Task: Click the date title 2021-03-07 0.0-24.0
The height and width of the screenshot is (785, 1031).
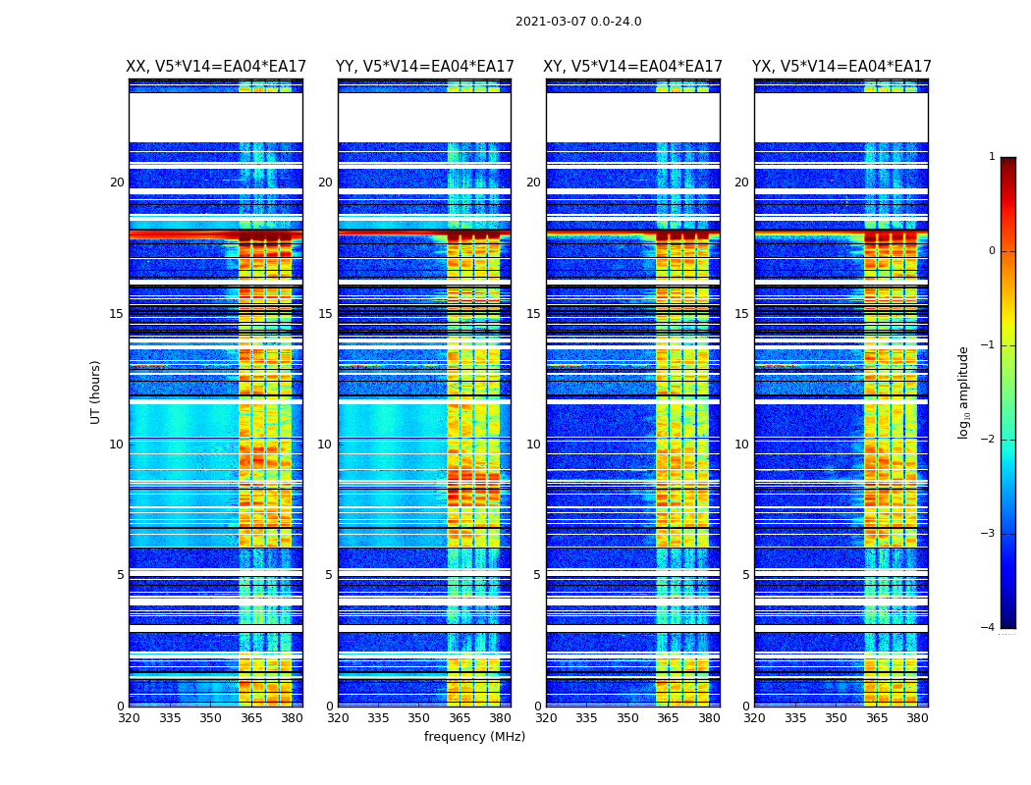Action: click(x=578, y=22)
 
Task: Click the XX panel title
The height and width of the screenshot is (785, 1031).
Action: click(x=216, y=67)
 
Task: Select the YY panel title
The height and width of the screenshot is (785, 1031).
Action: click(x=424, y=67)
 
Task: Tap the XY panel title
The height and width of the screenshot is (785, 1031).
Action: click(x=633, y=67)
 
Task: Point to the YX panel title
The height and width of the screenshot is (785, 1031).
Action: click(x=841, y=67)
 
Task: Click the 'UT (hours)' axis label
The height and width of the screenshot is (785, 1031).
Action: click(x=96, y=392)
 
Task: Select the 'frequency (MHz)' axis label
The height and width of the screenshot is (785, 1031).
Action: click(x=474, y=737)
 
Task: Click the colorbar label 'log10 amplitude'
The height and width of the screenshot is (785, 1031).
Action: click(x=964, y=392)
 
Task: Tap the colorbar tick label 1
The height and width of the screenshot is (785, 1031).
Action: click(x=992, y=157)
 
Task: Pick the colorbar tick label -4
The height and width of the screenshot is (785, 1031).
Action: click(x=989, y=628)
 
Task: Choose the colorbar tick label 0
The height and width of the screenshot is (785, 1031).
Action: click(x=992, y=251)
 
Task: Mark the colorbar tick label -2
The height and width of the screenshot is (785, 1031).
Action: click(x=989, y=440)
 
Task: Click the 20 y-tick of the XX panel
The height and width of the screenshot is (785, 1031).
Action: click(x=117, y=183)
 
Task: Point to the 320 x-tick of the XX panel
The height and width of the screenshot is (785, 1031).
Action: click(x=130, y=718)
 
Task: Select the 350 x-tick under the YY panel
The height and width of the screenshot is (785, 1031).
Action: click(x=419, y=718)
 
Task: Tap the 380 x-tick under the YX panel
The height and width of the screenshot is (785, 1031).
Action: click(x=917, y=718)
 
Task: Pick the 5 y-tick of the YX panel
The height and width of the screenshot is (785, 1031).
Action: click(x=745, y=575)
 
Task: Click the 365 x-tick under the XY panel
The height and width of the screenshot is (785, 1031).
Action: click(x=669, y=718)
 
